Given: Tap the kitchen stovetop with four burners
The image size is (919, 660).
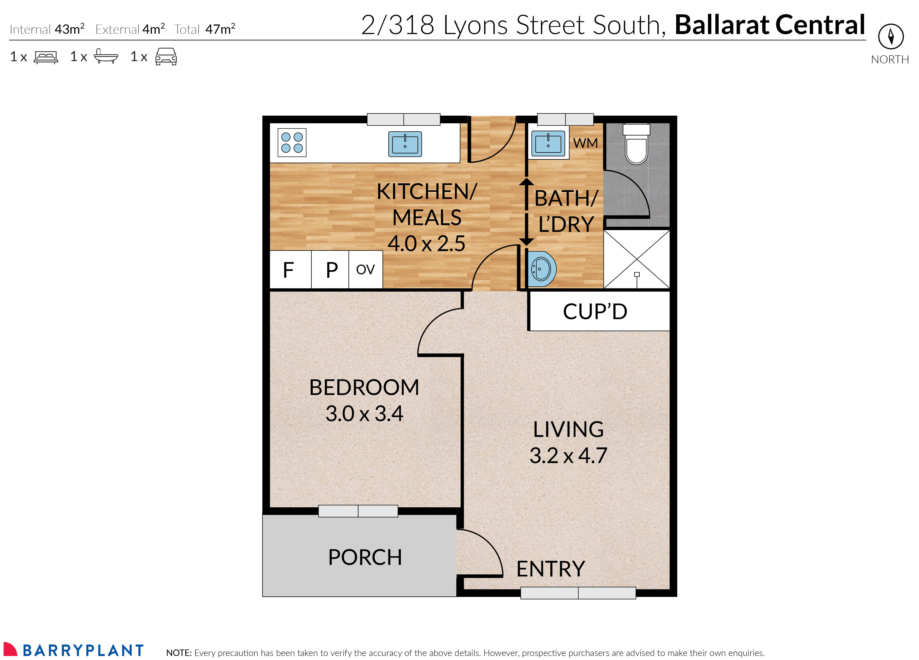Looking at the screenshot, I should click(x=292, y=142).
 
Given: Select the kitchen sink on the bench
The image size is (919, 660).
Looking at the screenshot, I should click(x=405, y=144).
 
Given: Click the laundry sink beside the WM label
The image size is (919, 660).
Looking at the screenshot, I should click(x=548, y=143).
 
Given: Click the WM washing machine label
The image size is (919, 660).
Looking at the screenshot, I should click(x=585, y=143).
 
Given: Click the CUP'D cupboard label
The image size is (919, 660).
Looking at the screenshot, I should click(x=595, y=312).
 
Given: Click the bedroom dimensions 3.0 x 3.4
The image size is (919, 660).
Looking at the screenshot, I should click(x=364, y=414).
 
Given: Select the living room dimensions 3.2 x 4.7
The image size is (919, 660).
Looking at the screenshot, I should click(x=568, y=456).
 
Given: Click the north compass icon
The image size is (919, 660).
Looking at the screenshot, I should click(x=891, y=36).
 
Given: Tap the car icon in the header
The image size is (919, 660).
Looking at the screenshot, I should click(x=166, y=57).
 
